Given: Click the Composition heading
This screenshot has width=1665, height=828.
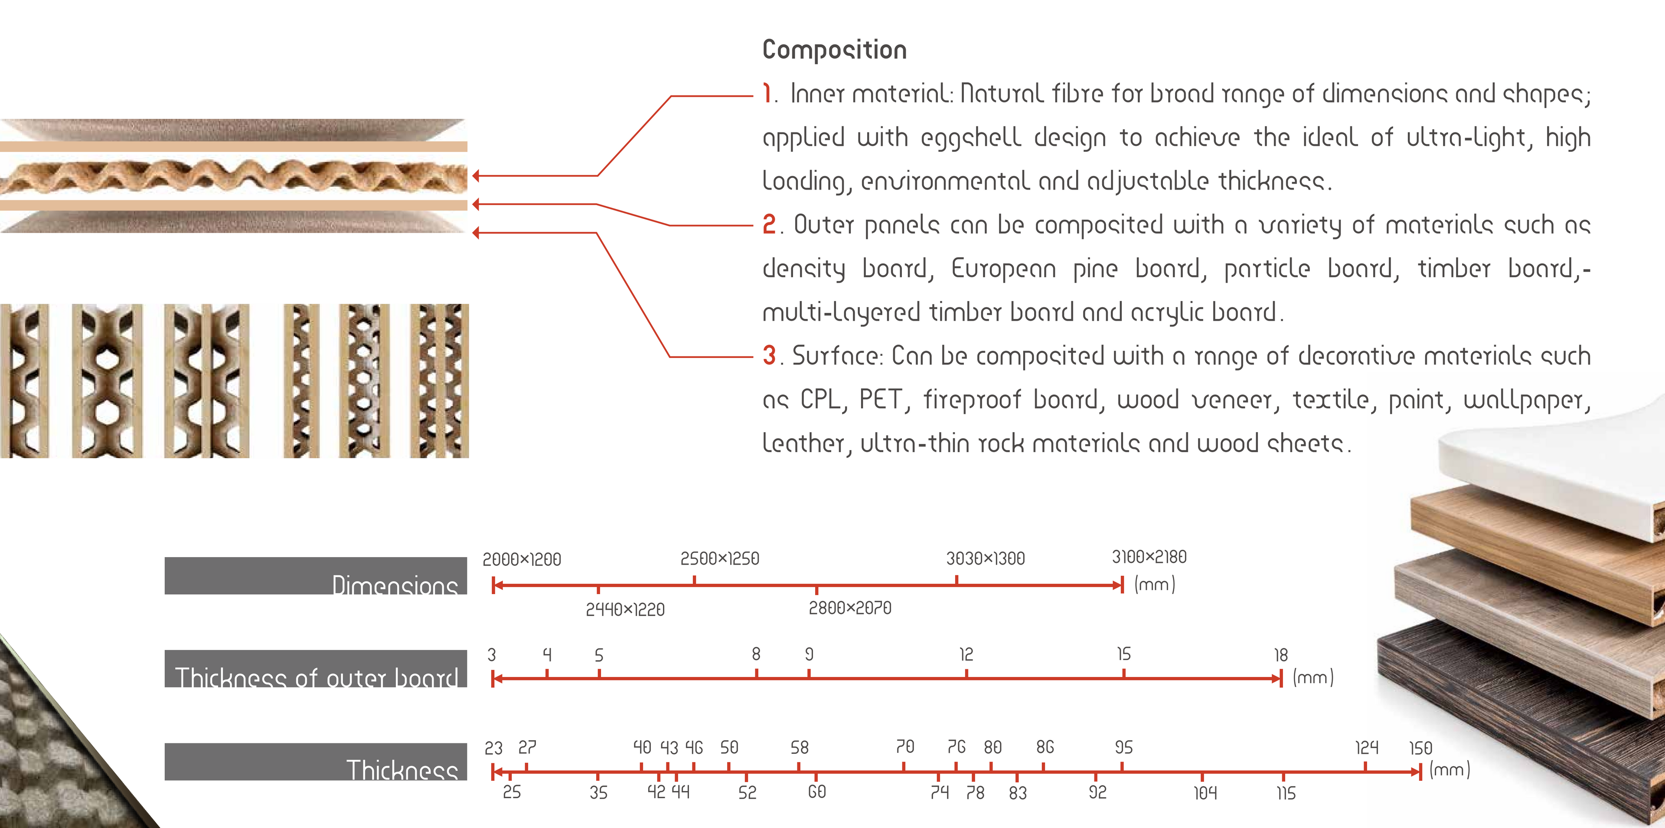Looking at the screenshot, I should [x=834, y=50].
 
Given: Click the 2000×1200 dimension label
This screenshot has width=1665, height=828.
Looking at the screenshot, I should [x=522, y=559].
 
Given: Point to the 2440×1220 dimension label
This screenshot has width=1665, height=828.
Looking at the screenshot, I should [x=625, y=609].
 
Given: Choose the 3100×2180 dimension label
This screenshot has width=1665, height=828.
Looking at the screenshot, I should [x=1149, y=557].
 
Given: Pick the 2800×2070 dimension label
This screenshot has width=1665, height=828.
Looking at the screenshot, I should [x=850, y=608].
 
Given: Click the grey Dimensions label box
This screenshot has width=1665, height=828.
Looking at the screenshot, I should [x=315, y=576].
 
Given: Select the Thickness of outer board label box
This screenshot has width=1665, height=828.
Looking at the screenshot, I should [x=315, y=669].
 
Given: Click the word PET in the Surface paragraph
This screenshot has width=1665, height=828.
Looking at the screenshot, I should [x=880, y=399].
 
